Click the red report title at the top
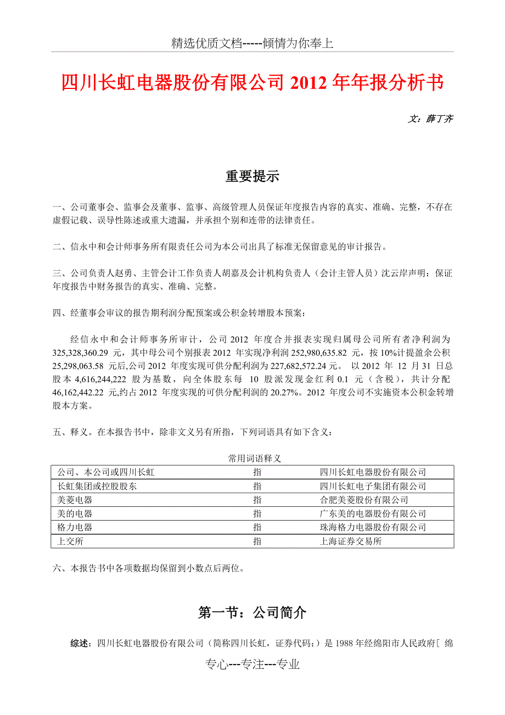(252, 83)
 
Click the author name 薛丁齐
(439, 119)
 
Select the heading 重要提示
(252, 177)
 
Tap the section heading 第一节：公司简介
(252, 613)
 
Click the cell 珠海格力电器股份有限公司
(373, 527)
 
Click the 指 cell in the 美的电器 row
(257, 513)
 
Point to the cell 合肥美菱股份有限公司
(364, 500)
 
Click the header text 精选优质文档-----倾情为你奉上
(252, 44)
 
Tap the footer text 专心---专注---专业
(252, 664)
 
